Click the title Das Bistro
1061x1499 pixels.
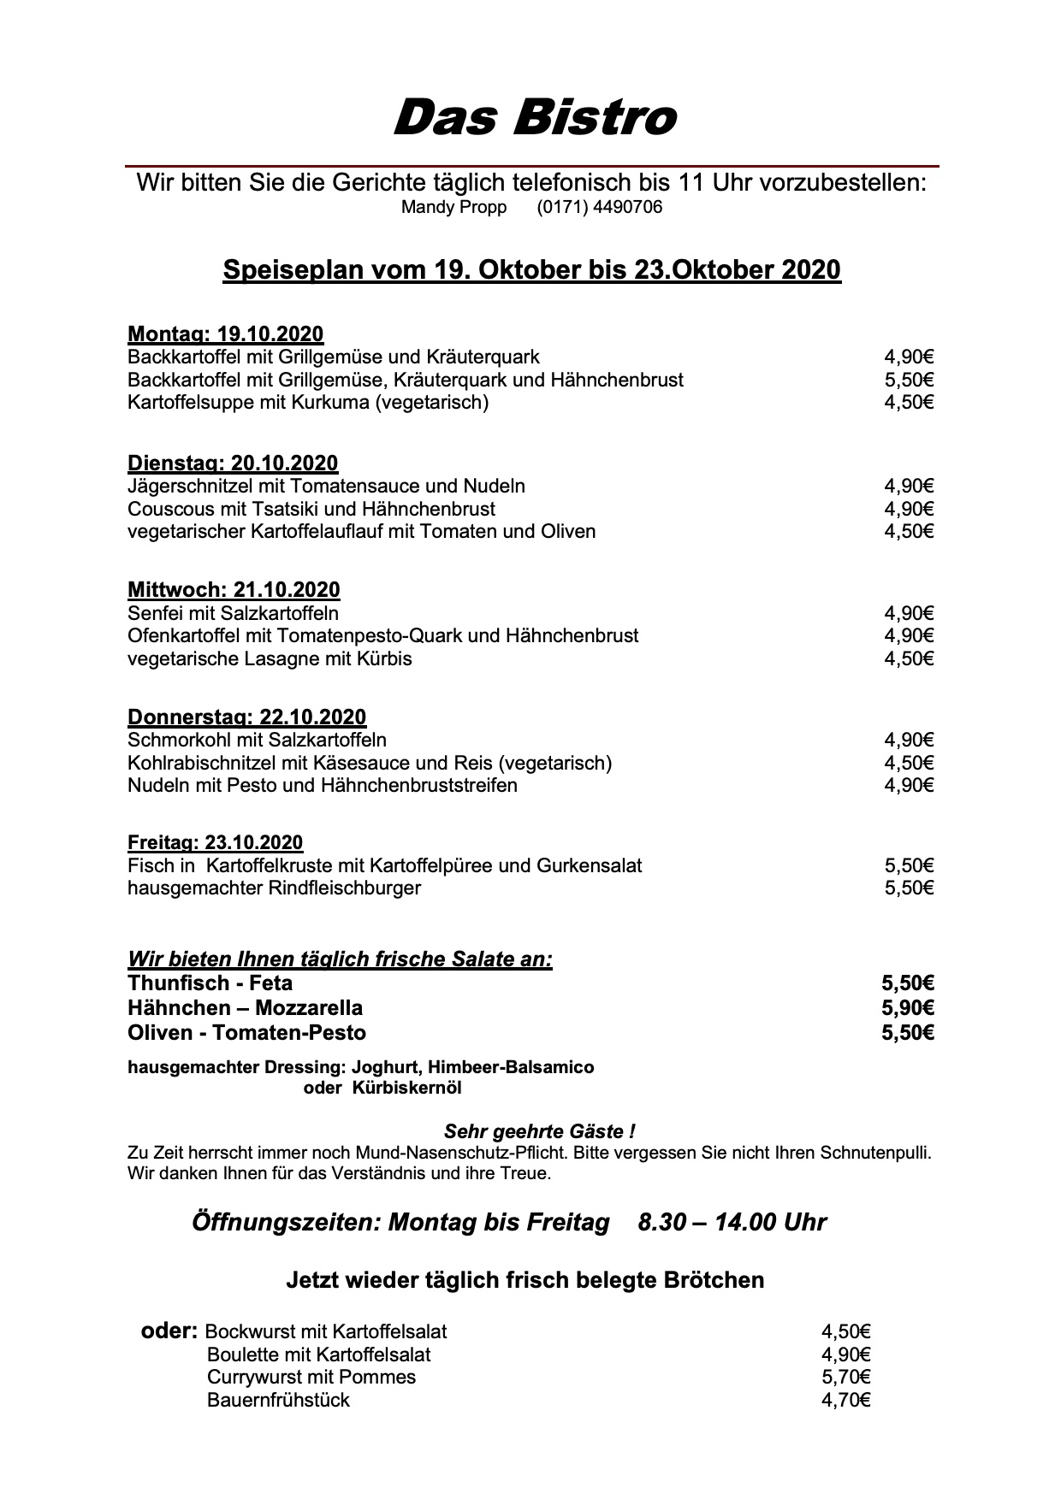point(534,117)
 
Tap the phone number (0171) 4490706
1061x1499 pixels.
point(599,208)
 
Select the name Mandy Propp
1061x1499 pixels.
point(453,208)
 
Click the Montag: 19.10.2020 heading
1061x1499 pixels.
point(225,334)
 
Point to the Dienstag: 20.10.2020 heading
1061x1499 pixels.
point(233,463)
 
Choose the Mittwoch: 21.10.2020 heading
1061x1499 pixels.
point(234,590)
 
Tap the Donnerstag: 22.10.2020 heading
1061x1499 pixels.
point(246,717)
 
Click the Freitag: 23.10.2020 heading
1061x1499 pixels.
point(215,843)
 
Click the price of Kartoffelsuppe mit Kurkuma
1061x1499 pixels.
point(909,402)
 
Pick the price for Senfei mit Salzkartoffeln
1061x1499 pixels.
point(909,613)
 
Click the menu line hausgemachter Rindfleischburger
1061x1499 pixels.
point(274,888)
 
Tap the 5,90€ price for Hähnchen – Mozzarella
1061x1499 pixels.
point(908,1007)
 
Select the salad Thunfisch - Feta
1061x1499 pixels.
point(210,983)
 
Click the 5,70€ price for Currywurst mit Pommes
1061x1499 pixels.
point(845,1377)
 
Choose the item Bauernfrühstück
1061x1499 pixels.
point(278,1400)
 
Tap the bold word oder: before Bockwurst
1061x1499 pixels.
point(169,1331)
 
